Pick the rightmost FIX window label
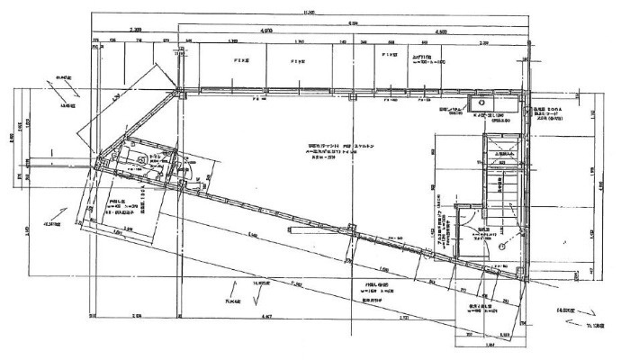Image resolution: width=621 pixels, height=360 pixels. pos(390,55)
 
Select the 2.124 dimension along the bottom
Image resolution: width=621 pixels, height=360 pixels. pos(135,316)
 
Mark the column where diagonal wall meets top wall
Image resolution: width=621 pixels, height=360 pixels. pos(180,89)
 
